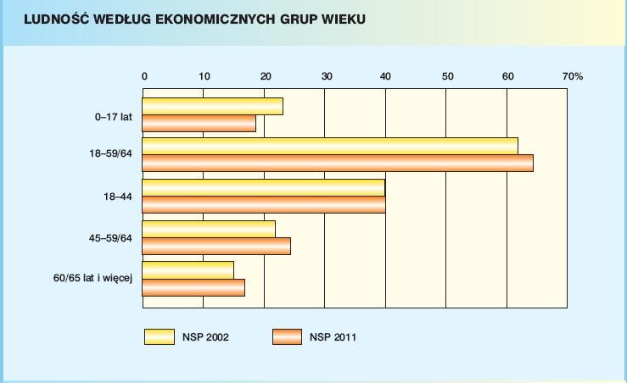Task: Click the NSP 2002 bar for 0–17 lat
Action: pos(212,107)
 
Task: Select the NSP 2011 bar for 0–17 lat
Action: pos(199,124)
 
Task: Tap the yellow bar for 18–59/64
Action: pos(329,146)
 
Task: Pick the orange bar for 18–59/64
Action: pos(337,163)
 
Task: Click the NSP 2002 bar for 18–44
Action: pos(263,188)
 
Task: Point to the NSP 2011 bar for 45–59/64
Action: pos(216,246)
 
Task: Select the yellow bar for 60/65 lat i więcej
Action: pos(188,269)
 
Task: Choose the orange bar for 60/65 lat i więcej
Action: pos(193,287)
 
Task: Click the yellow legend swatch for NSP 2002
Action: pos(159,336)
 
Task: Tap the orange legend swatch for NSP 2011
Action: pos(287,336)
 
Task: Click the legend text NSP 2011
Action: pos(333,337)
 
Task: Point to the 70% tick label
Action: pos(573,76)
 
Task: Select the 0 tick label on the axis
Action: pos(144,76)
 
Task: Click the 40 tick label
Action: pos(386,76)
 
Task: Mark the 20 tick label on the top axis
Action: pos(265,76)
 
